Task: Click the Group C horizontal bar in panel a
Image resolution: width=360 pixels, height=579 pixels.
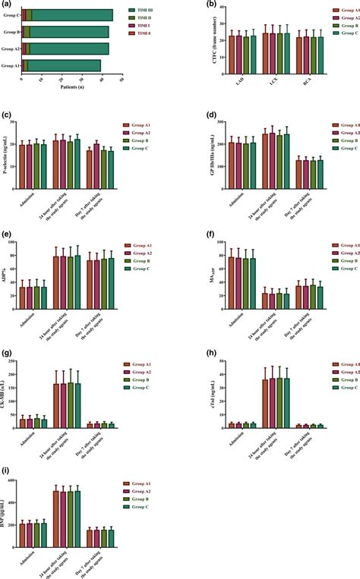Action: click(68, 15)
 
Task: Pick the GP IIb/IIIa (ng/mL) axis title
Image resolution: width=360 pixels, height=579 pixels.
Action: click(199, 146)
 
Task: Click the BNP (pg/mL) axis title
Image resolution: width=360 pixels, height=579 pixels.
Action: click(7, 511)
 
